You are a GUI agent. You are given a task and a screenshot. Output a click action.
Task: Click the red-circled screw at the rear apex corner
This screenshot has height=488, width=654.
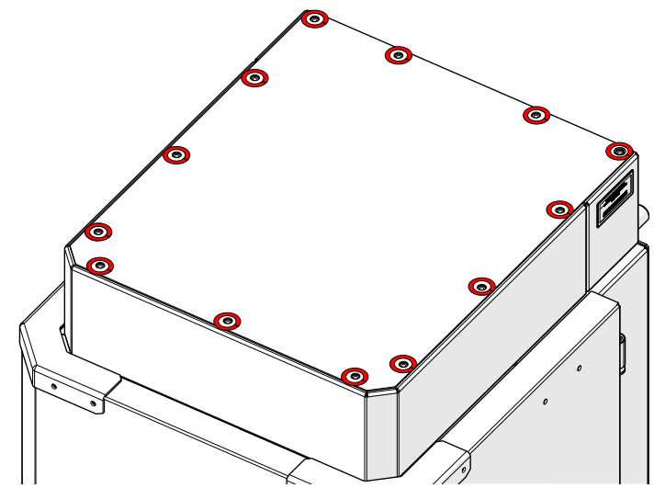(314, 19)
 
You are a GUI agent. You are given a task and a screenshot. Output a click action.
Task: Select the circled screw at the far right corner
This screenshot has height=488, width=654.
(620, 150)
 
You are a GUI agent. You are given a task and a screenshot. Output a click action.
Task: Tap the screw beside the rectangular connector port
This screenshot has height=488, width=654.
(559, 209)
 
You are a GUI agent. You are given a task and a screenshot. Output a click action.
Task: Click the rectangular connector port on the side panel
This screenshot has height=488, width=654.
(615, 199)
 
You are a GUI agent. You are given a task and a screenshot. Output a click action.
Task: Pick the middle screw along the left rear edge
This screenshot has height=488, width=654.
(175, 154)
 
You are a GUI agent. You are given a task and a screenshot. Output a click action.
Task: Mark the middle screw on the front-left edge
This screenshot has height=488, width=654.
(226, 321)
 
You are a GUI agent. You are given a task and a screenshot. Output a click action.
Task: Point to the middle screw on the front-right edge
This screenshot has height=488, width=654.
(481, 286)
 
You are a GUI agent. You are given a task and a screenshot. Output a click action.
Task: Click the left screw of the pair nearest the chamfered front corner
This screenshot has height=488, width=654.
(354, 376)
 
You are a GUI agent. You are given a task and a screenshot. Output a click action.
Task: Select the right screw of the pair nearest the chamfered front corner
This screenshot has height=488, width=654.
(402, 363)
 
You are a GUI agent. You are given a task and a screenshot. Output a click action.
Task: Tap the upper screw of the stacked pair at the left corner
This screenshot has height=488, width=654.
(98, 232)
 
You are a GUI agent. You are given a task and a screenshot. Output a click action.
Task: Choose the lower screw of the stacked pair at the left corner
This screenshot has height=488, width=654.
(100, 267)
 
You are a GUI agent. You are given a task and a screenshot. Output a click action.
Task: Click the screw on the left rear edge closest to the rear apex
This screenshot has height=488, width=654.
(254, 78)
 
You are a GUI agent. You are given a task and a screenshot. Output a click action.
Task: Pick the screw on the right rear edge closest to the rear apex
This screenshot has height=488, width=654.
(397, 56)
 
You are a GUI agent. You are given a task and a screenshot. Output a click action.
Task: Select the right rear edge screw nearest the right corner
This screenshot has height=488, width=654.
(536, 115)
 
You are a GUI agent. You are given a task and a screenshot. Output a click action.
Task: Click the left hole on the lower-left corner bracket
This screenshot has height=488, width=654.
(53, 386)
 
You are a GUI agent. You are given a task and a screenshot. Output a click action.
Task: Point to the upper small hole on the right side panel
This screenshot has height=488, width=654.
(579, 369)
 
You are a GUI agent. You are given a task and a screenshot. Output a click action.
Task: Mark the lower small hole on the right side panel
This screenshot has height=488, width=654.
(545, 402)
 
